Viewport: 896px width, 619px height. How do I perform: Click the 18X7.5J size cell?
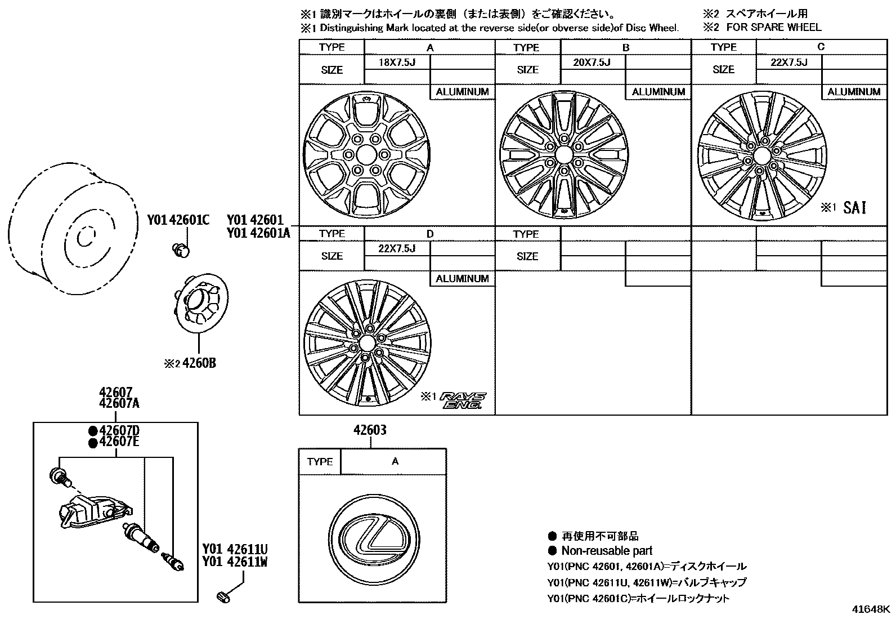click(397, 63)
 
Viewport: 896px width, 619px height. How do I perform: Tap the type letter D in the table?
click(430, 234)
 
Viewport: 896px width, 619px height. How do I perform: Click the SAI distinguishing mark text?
click(854, 208)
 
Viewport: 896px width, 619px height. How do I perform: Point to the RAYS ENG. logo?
click(463, 400)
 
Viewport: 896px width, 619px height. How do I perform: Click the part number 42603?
click(370, 430)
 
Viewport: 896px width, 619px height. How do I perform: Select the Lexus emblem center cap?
click(374, 540)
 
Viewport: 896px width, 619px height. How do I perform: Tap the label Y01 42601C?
click(178, 220)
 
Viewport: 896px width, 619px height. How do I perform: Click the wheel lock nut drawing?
click(181, 251)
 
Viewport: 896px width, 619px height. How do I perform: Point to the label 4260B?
click(199, 363)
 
